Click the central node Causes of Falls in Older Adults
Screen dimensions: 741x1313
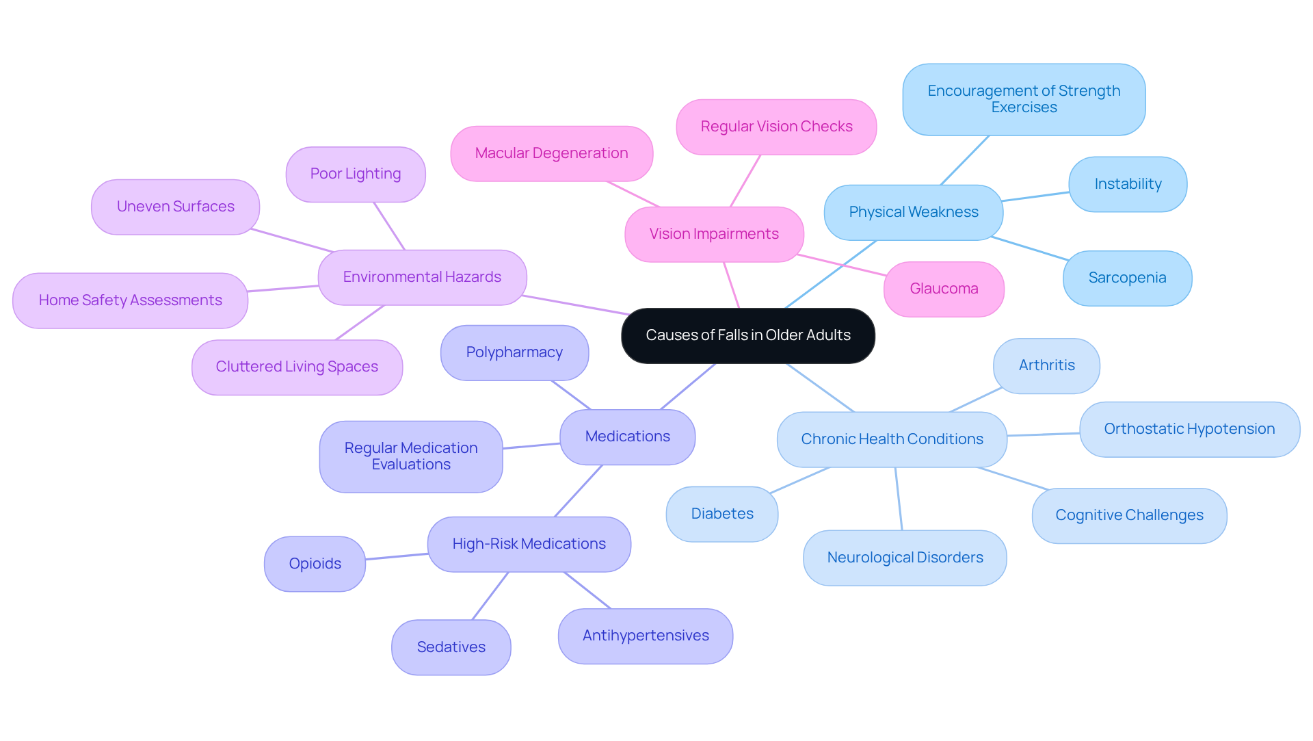click(747, 335)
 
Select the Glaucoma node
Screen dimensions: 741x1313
click(944, 289)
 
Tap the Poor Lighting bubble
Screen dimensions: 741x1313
click(356, 174)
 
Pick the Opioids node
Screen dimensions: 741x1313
click(315, 564)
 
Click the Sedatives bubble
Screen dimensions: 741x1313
click(451, 647)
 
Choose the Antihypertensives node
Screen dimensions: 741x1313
click(646, 636)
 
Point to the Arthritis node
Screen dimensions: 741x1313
click(1046, 365)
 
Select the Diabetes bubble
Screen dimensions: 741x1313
click(722, 514)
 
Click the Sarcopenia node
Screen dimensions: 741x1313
click(1127, 278)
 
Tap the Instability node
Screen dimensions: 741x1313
click(1128, 184)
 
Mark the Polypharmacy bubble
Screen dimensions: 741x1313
click(514, 352)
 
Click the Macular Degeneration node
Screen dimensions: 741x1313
click(551, 153)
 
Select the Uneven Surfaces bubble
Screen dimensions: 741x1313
click(175, 207)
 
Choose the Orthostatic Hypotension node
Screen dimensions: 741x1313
click(1189, 429)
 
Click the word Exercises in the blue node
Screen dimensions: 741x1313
click(1024, 107)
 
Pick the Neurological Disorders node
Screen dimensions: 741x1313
click(905, 558)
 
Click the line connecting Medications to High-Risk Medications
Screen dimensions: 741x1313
click(578, 491)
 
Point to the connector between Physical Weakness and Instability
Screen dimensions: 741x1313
click(1036, 196)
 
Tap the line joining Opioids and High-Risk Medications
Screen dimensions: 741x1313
click(397, 556)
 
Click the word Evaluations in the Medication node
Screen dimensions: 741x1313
click(411, 465)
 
